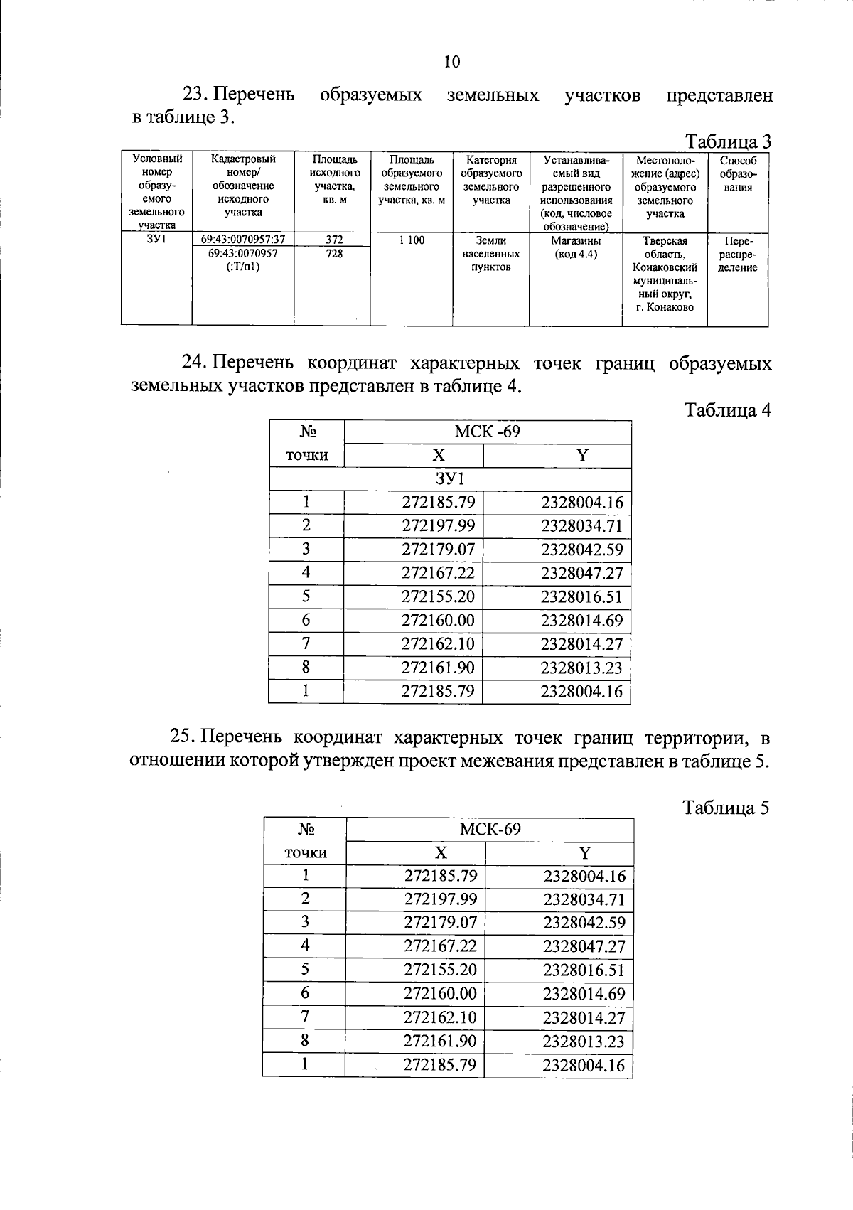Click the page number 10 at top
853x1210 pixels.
(451, 62)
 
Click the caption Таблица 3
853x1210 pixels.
(727, 141)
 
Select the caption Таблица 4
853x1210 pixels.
(727, 410)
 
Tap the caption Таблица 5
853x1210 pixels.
(726, 808)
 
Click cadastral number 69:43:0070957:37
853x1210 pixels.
(243, 240)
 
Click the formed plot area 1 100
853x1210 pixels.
(412, 240)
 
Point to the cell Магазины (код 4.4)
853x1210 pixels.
(576, 247)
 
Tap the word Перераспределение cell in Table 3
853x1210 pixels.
(738, 255)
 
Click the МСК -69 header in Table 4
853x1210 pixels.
(487, 432)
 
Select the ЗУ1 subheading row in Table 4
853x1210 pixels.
(449, 479)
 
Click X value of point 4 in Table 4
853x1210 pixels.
(438, 573)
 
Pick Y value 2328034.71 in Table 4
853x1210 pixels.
(581, 526)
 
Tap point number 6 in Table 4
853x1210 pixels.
(306, 620)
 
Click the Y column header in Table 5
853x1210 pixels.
(584, 852)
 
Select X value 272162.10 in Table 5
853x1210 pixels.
(440, 1017)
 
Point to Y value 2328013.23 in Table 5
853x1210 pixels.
(584, 1042)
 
